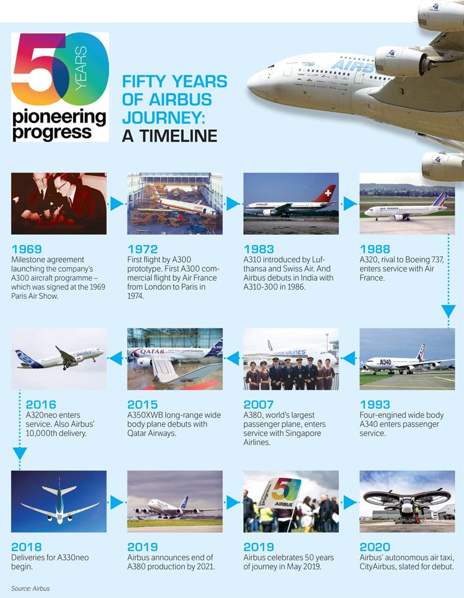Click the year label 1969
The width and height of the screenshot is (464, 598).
[x=27, y=250]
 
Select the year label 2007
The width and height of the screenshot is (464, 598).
[x=259, y=405]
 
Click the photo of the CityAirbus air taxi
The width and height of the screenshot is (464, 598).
[x=407, y=501]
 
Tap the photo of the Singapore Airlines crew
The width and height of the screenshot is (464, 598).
[x=291, y=359]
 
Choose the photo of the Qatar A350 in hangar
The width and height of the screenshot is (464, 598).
[x=174, y=359]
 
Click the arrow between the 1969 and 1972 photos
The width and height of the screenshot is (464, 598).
[x=117, y=203]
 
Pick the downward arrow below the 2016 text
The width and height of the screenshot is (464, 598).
[x=20, y=453]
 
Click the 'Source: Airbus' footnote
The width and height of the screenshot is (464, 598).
[x=30, y=588]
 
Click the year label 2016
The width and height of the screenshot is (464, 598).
[x=27, y=405]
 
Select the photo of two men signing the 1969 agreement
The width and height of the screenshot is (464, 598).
[x=59, y=203]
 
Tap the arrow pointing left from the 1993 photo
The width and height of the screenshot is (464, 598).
[x=349, y=358]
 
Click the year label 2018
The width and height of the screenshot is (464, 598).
[x=27, y=547]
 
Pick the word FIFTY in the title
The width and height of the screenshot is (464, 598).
[x=144, y=82]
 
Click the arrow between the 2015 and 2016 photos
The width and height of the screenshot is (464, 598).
[x=116, y=358]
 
